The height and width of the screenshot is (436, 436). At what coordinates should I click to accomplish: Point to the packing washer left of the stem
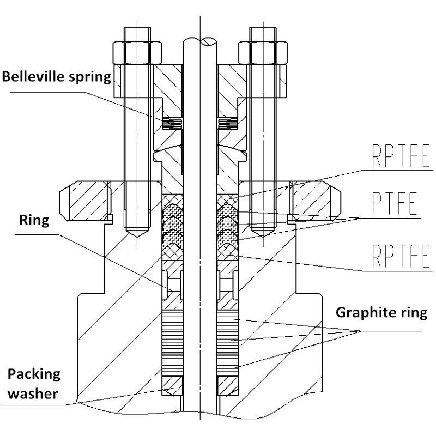172,385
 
